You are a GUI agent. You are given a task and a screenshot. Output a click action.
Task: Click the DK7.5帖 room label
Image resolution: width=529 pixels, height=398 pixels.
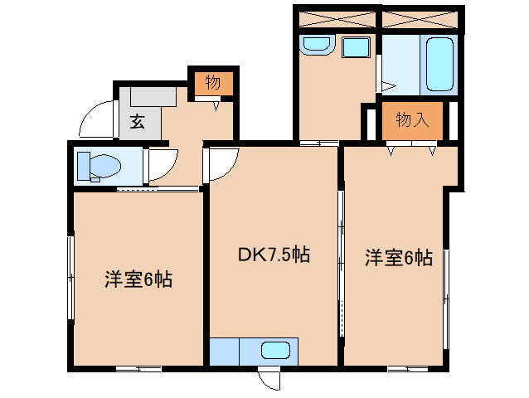[x=274, y=255]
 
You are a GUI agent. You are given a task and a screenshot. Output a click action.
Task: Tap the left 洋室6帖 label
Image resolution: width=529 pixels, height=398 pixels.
[x=138, y=279]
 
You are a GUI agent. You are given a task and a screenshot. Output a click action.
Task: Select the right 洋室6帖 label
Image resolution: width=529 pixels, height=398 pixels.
[x=399, y=258]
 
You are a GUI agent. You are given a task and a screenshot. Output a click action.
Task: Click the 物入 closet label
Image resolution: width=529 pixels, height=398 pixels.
[x=412, y=120]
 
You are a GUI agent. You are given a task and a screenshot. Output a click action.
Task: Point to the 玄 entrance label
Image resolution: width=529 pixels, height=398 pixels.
[x=137, y=123]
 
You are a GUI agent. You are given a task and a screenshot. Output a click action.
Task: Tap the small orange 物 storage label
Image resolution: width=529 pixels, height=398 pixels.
[x=213, y=82]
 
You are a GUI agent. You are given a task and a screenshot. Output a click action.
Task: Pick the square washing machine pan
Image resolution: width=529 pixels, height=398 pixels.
[x=357, y=47]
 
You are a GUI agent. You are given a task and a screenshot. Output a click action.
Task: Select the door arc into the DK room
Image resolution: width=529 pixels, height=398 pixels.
[x=222, y=163]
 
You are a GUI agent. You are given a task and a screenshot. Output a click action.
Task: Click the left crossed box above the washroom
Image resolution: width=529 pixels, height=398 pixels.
[x=337, y=18]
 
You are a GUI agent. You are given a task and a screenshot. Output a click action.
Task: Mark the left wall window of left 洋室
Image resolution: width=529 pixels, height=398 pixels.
[x=70, y=278]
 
